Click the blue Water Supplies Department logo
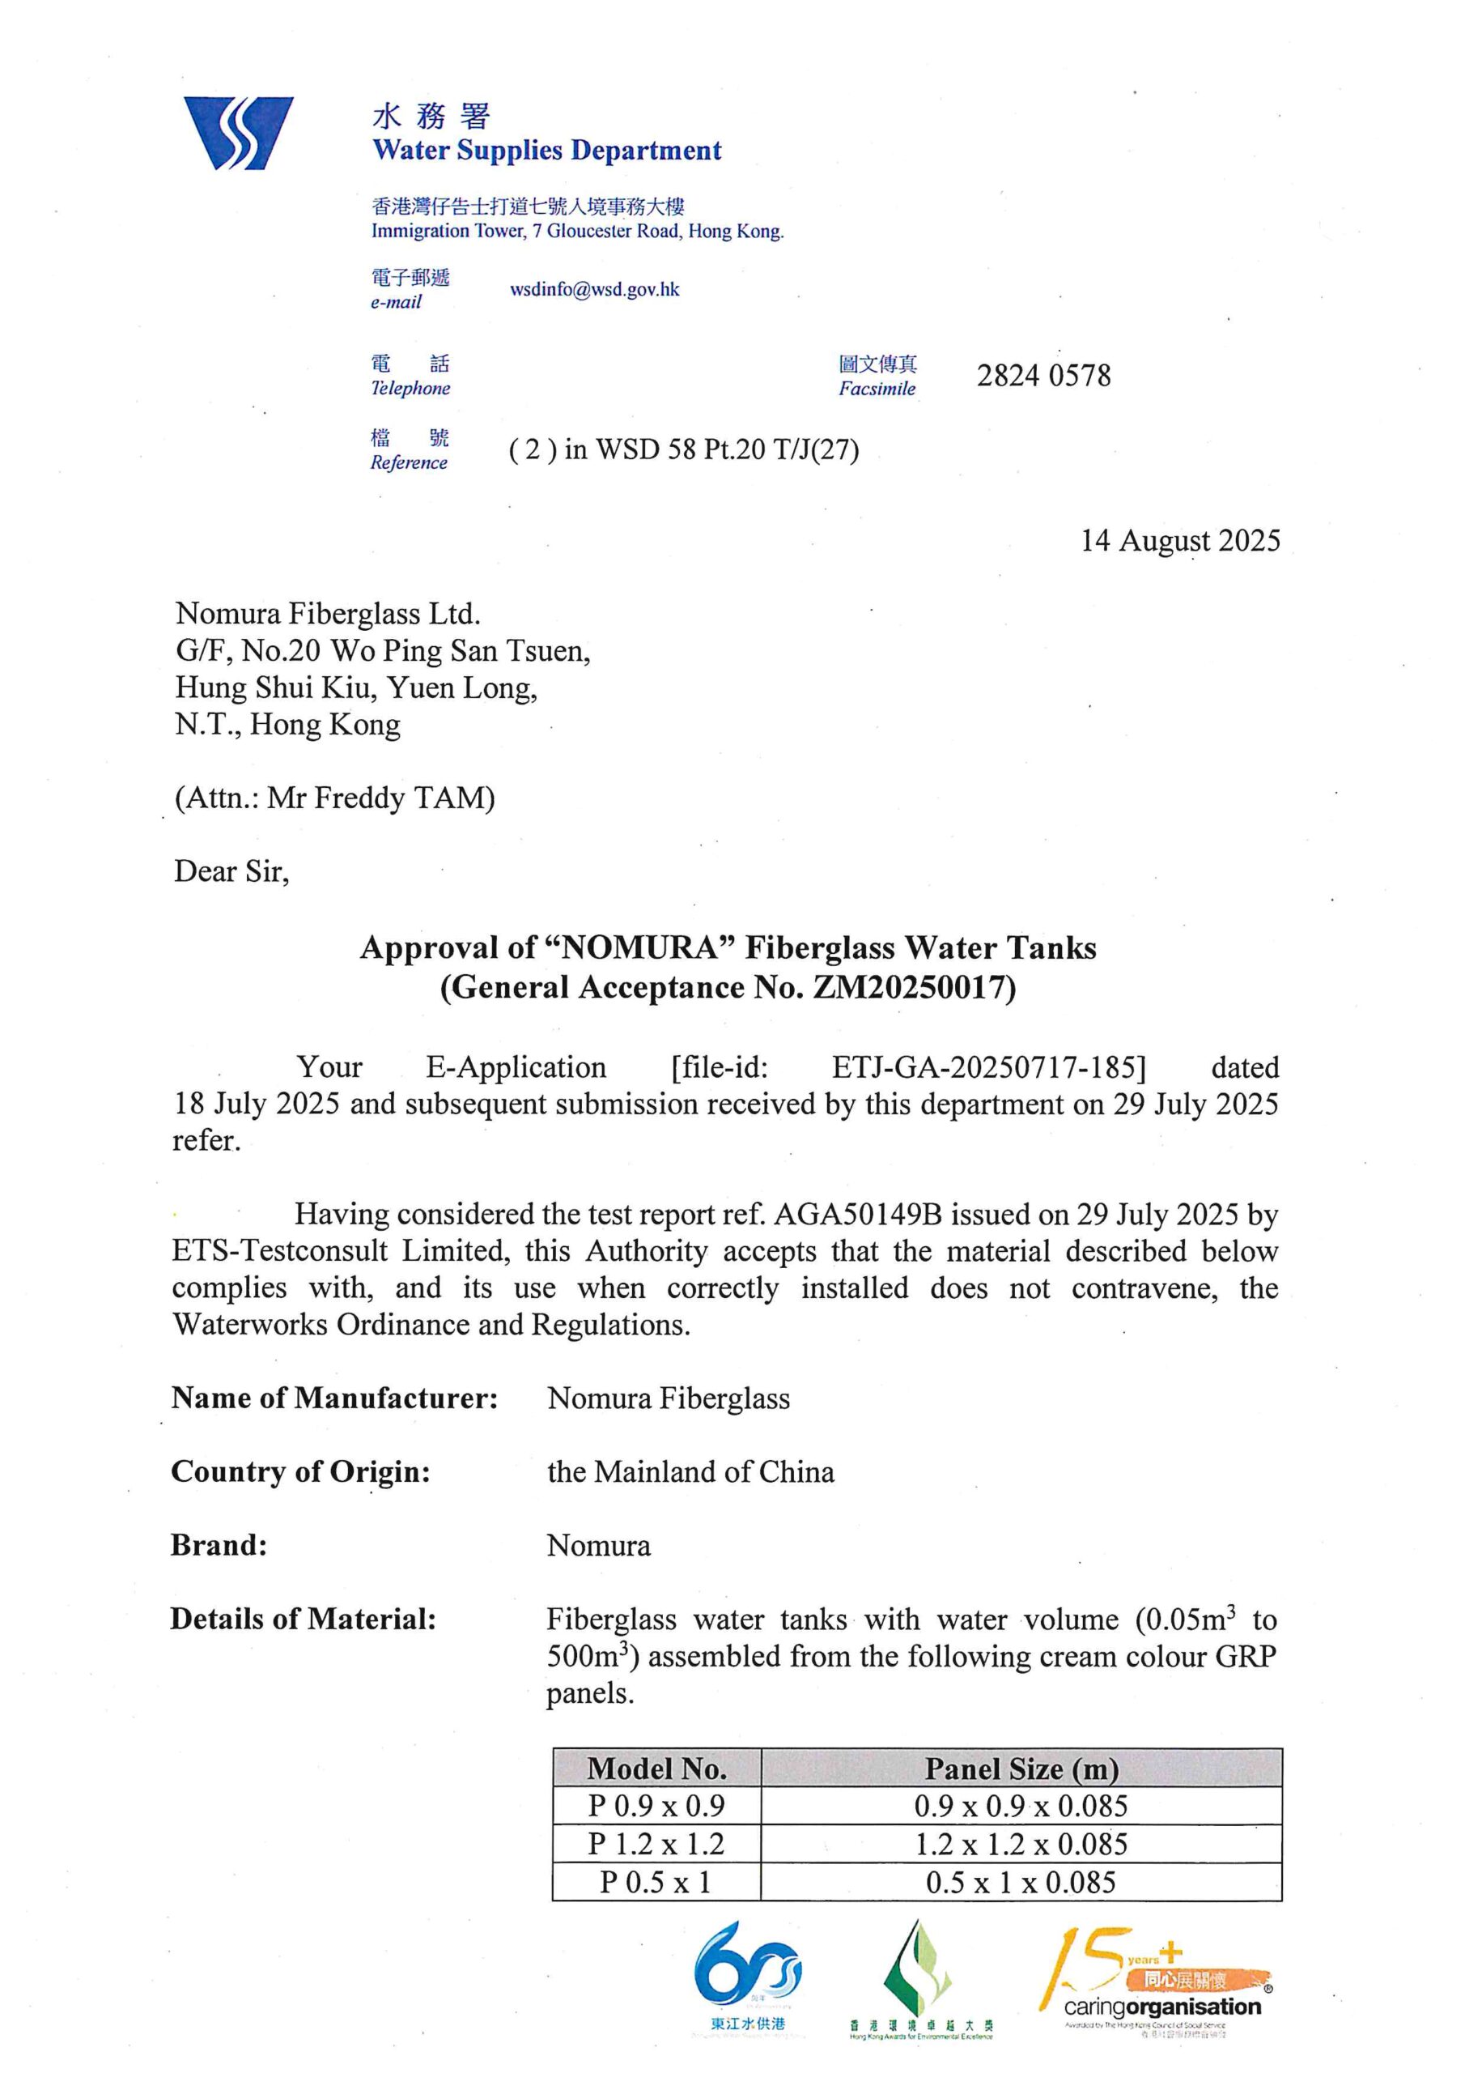[238, 133]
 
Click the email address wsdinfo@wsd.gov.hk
[594, 290]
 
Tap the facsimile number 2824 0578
[1042, 376]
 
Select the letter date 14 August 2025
[1180, 540]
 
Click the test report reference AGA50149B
[857, 1215]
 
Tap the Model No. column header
[656, 1768]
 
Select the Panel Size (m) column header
[1021, 1768]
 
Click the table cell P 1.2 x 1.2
[656, 1844]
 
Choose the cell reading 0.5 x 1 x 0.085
[1021, 1883]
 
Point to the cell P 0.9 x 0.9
[656, 1806]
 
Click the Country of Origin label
[300, 1471]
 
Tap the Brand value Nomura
[598, 1546]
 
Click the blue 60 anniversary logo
[747, 1977]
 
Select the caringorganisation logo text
[1161, 2007]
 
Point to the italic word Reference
[408, 462]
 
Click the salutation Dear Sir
[231, 871]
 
